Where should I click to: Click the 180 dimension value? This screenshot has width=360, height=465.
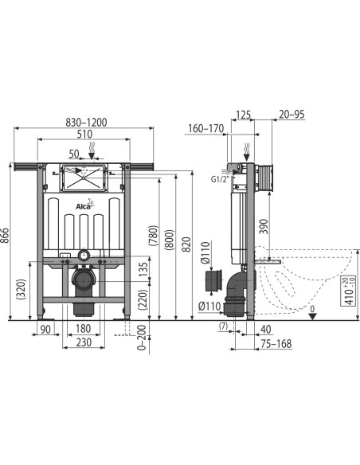click(83, 329)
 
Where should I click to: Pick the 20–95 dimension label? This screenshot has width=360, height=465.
click(292, 115)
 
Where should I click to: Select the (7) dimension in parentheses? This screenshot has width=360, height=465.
click(224, 328)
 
